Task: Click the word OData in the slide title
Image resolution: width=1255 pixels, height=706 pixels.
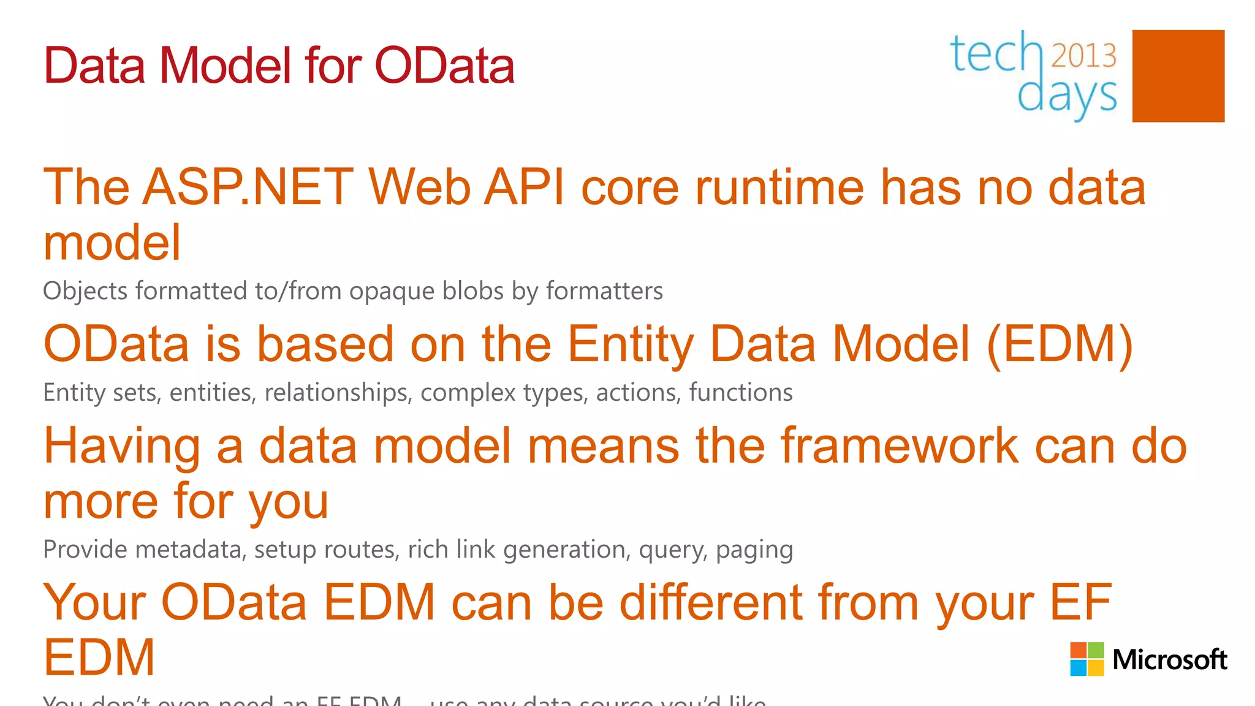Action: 444,66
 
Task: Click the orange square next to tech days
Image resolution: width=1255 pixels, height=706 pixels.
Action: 1178,76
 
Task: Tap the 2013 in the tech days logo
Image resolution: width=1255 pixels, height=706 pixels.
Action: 1083,55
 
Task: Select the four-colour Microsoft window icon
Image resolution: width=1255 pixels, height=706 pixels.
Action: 1086,659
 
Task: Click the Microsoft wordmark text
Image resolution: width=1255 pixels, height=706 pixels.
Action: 1169,660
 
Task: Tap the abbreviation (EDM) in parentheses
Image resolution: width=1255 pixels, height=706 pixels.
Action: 1060,344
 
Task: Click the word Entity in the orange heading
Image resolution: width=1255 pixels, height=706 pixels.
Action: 631,344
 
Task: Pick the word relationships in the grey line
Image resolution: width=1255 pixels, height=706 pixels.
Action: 336,392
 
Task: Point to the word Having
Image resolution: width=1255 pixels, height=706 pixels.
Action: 122,446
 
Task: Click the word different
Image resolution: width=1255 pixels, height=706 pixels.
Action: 711,602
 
